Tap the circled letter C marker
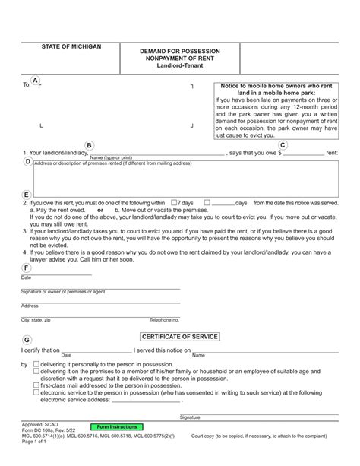coord(283,145)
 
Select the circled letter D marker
coord(27,162)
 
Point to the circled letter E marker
coord(27,195)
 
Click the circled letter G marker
coord(27,340)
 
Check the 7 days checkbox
coord(175,204)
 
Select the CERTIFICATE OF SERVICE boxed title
coord(180,336)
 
